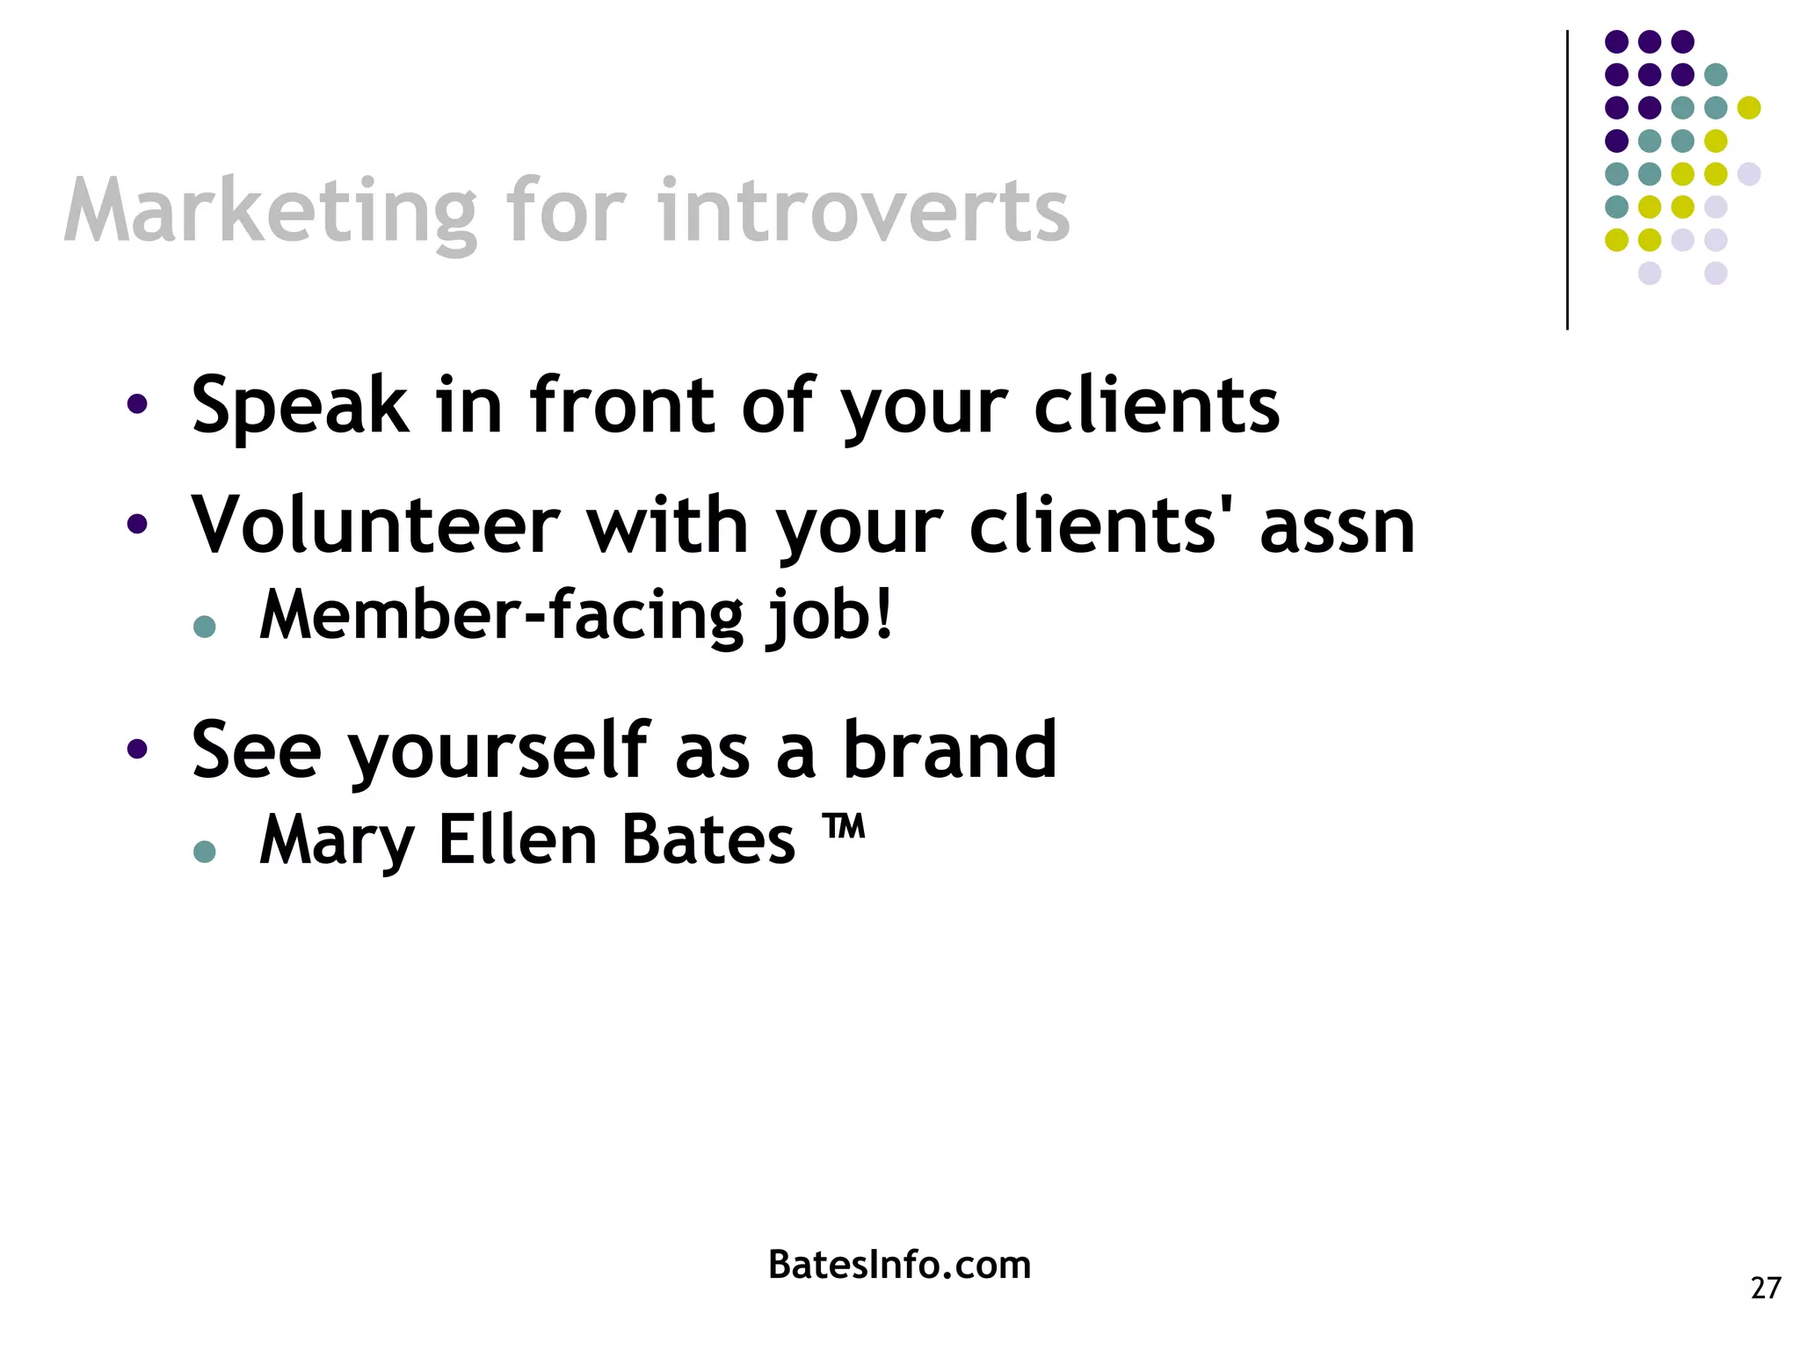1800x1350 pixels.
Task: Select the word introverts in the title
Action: coord(863,213)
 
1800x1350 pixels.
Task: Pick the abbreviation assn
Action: coord(1336,527)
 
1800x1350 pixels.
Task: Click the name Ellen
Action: coord(518,840)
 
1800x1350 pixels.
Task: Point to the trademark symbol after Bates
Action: coord(844,828)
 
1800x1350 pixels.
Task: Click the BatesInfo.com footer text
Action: coord(899,1265)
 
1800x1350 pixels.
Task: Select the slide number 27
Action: coord(1765,1288)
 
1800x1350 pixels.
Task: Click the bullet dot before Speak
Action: coord(137,404)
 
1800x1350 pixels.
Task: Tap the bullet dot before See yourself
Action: coord(137,749)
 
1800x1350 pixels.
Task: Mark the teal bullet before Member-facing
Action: coord(205,626)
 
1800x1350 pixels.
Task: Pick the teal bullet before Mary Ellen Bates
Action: coord(205,851)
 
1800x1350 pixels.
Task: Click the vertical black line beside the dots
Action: coord(1567,180)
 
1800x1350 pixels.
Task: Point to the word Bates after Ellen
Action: coord(708,840)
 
